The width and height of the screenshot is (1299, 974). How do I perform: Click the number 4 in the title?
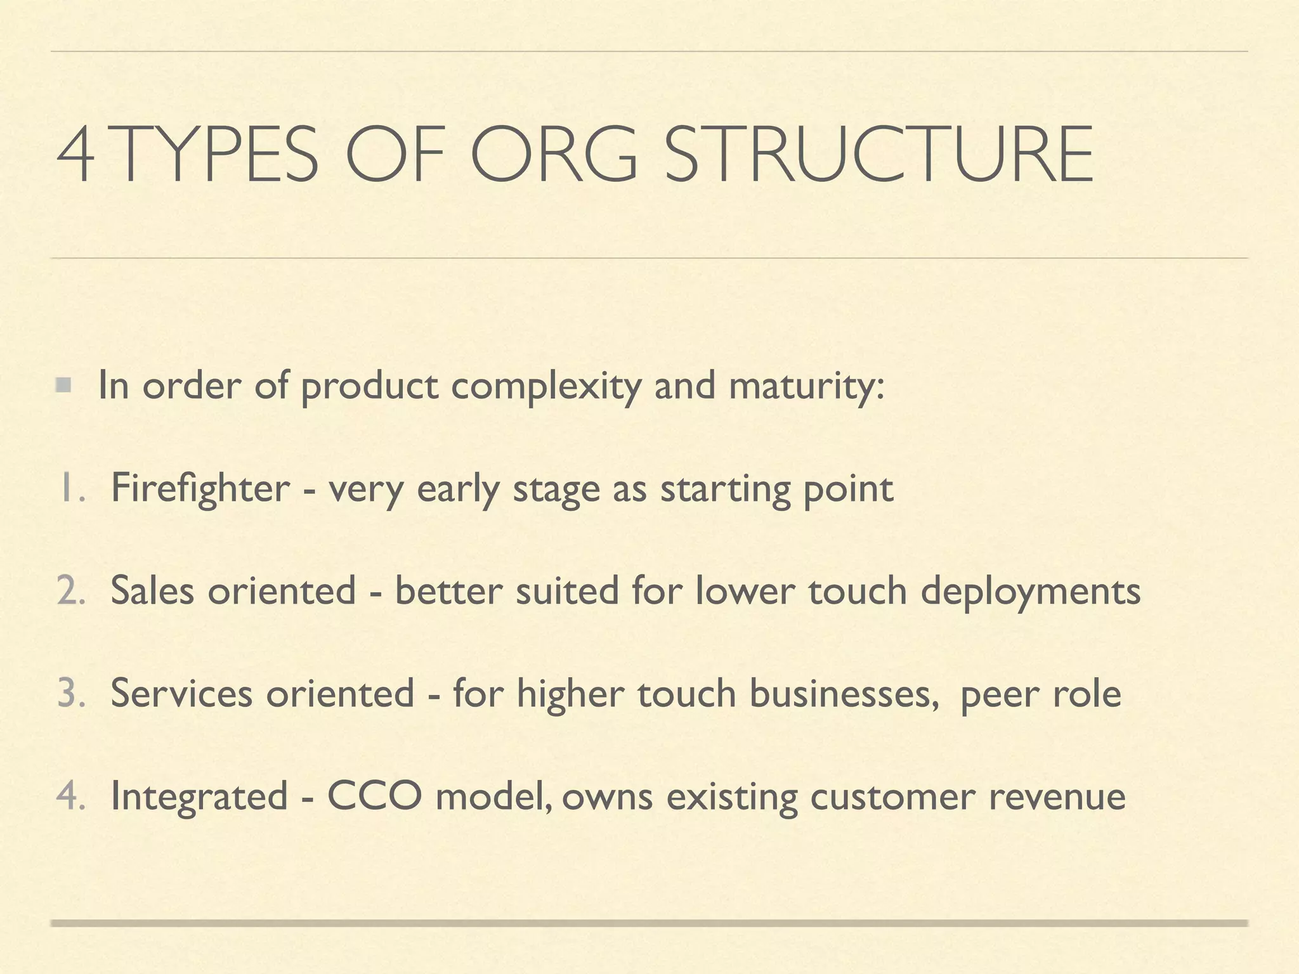pyautogui.click(x=75, y=154)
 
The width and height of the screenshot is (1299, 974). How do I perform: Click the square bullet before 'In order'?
pyautogui.click(x=63, y=384)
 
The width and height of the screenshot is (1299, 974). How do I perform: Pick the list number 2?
pyautogui.click(x=70, y=591)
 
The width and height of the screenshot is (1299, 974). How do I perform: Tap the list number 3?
pyautogui.click(x=70, y=694)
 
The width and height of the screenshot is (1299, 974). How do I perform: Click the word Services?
pyautogui.click(x=181, y=694)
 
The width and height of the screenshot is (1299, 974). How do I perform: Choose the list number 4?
pyautogui.click(x=70, y=796)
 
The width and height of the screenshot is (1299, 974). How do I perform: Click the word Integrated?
pyautogui.click(x=199, y=797)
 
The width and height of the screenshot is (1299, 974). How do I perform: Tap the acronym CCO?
pyautogui.click(x=374, y=796)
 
